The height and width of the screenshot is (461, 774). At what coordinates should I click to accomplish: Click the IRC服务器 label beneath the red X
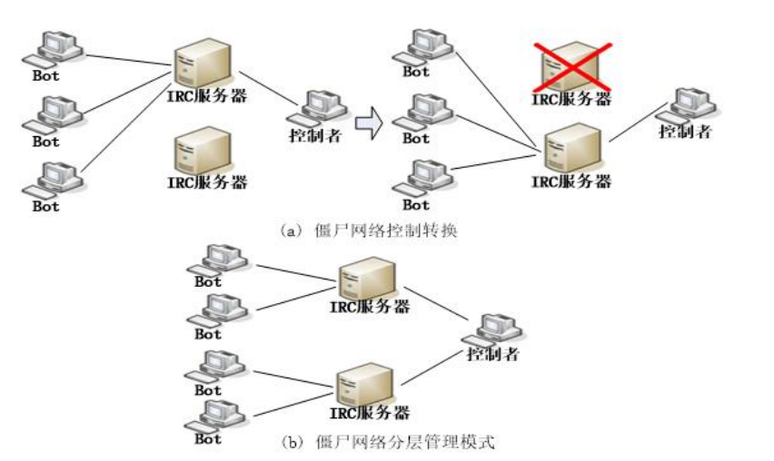[x=571, y=99]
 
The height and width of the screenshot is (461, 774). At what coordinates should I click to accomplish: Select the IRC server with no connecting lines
[x=202, y=149]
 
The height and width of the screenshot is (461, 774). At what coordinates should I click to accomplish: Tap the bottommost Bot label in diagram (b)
[x=208, y=439]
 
